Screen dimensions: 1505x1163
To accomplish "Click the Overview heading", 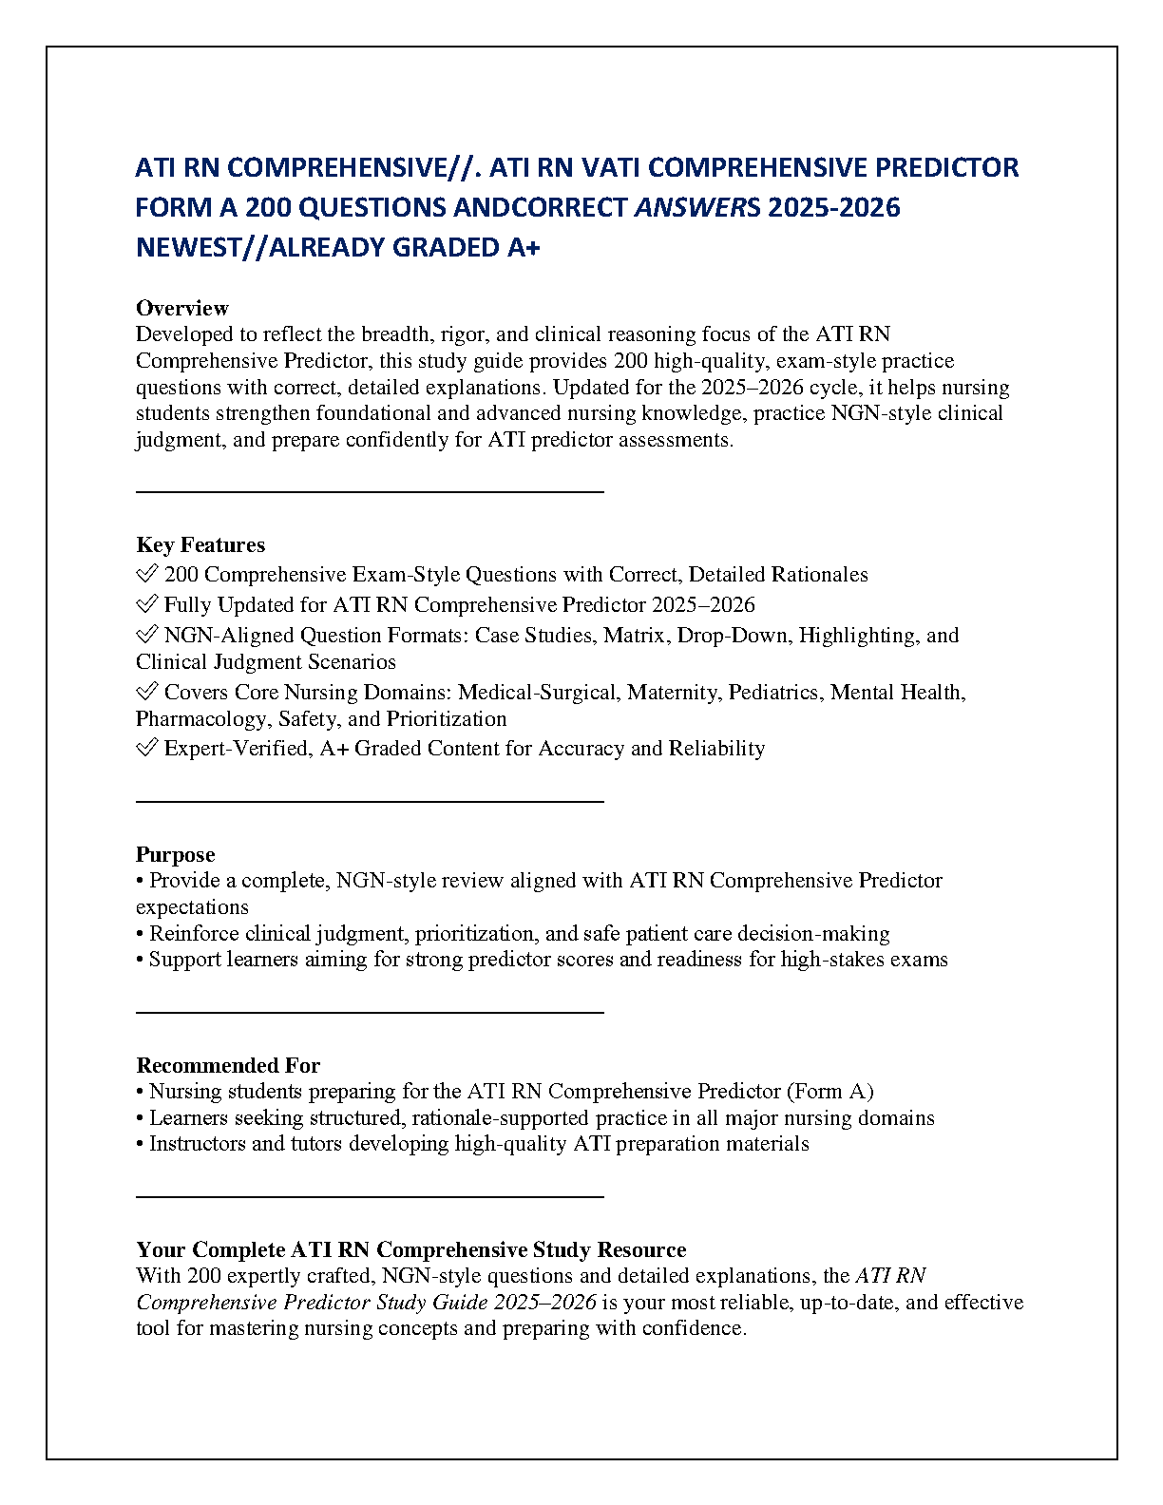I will (181, 308).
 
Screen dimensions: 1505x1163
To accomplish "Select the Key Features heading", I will (200, 544).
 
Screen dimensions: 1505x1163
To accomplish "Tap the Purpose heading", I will (175, 854).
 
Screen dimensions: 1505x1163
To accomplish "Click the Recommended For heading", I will (228, 1065).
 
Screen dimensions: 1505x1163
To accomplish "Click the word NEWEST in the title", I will (196, 247).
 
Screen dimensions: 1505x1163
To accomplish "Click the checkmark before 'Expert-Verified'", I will (146, 749).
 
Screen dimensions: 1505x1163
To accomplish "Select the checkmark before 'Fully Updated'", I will (146, 605).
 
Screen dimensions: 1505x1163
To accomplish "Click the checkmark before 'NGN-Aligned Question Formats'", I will (146, 636).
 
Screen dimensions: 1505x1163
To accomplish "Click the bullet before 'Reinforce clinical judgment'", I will (140, 934).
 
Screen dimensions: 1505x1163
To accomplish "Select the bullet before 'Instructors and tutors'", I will (140, 1144).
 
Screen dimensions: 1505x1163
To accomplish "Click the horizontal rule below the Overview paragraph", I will (370, 491).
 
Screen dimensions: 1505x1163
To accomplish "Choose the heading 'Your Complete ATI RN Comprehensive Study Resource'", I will (410, 1249).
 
